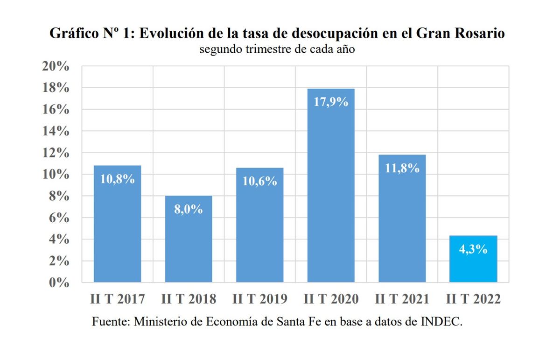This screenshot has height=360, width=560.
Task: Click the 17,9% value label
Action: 331,102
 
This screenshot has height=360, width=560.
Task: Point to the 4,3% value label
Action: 473,249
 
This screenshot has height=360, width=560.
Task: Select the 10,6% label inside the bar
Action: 260,181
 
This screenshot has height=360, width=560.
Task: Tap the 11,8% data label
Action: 402,168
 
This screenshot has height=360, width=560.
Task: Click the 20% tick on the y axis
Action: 56,66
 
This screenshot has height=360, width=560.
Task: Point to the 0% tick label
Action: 59,282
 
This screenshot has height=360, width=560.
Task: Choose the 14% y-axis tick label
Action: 56,131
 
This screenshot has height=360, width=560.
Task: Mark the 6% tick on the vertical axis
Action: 59,218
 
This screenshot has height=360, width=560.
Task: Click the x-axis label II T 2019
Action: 260,299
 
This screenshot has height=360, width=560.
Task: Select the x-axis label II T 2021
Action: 402,299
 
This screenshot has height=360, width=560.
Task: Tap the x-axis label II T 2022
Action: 473,299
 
